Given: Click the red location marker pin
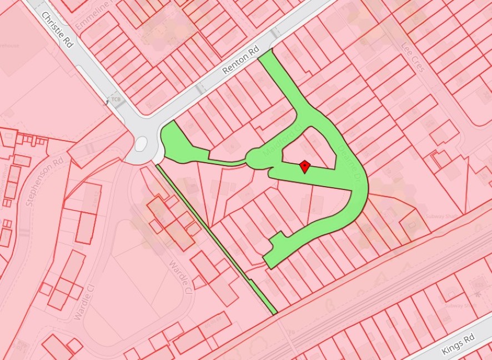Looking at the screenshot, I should (304, 166).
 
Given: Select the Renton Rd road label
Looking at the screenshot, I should (241, 61).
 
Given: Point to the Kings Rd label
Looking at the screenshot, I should (458, 345).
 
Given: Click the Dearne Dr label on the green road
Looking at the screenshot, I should (349, 164).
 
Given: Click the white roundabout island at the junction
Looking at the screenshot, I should (141, 144).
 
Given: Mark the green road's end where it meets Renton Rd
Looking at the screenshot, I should (267, 56).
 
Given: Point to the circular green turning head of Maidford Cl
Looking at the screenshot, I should (257, 159).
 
